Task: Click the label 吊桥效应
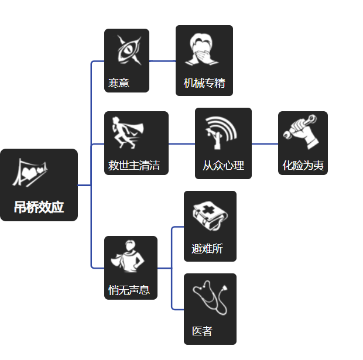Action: click(x=39, y=207)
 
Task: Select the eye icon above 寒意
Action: click(x=126, y=50)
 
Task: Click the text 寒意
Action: click(x=119, y=83)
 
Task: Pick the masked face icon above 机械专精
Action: click(x=204, y=50)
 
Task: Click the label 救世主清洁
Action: click(x=134, y=165)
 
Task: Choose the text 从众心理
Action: click(x=223, y=166)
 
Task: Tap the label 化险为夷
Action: click(x=303, y=166)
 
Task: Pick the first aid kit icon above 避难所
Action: click(x=209, y=215)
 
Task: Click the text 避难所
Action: click(x=207, y=249)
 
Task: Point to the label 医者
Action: click(x=202, y=331)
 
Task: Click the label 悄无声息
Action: click(x=129, y=290)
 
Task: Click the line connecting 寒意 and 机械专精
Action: click(x=162, y=61)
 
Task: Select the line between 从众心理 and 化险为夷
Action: click(x=265, y=143)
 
